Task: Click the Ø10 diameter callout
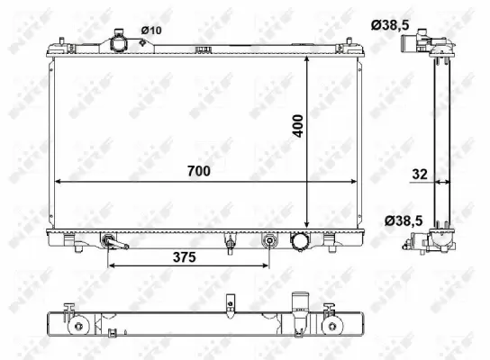pos(152,31)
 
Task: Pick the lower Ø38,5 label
pos(399,220)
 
